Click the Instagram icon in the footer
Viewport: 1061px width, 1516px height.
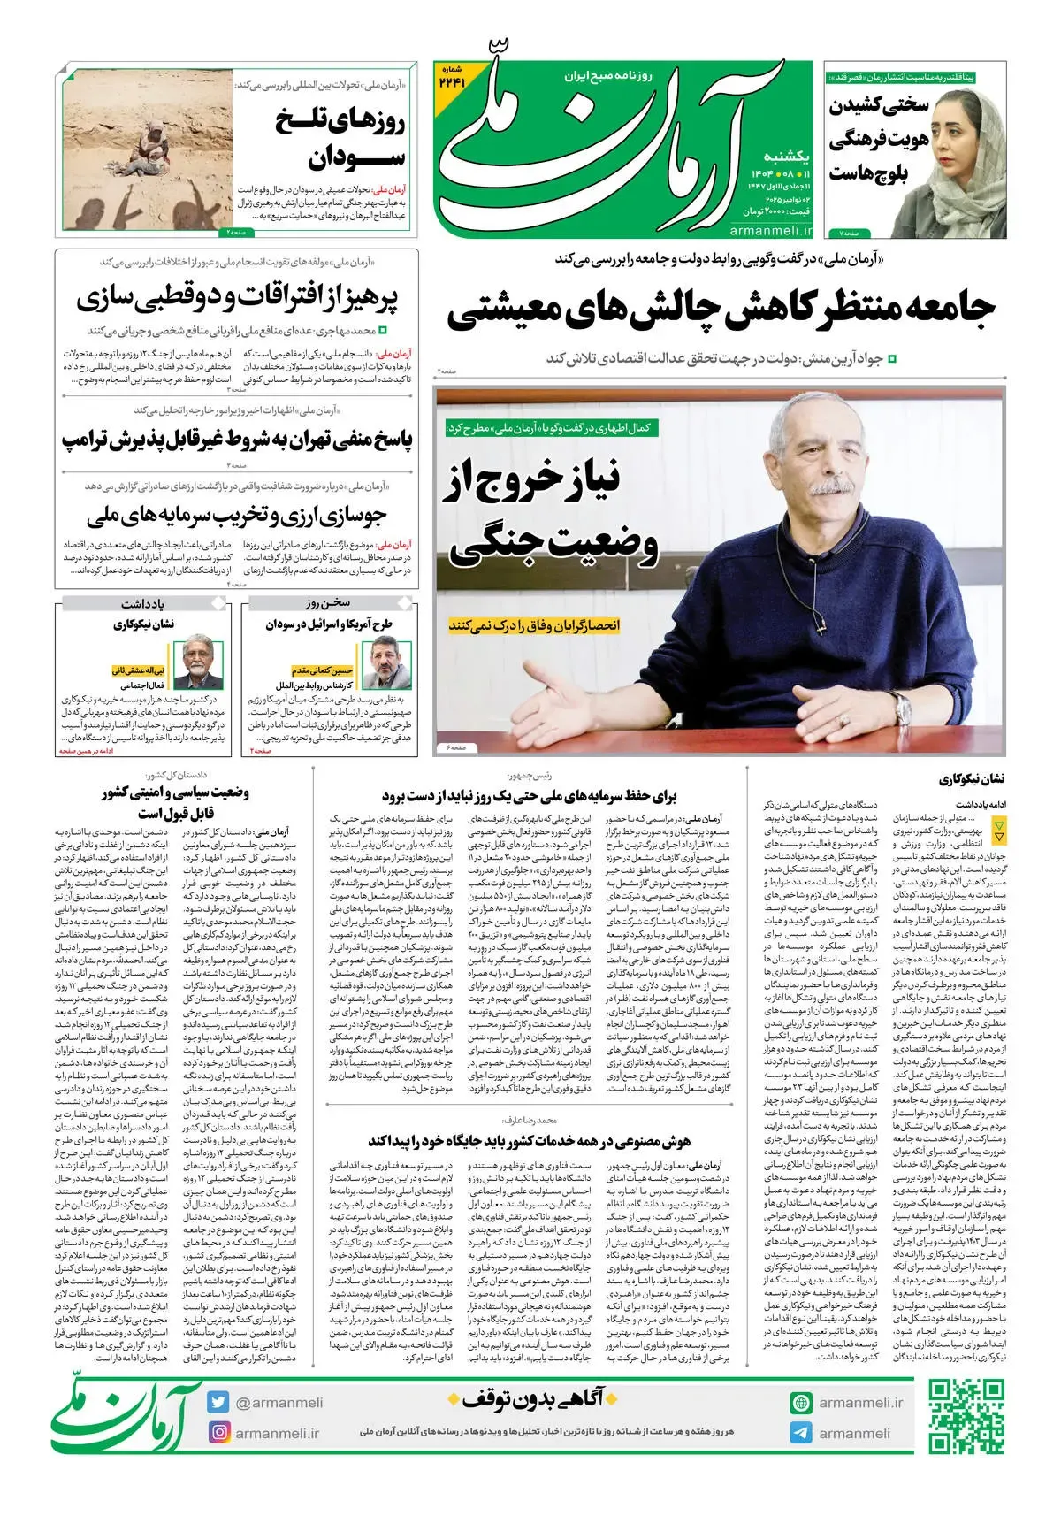[x=218, y=1433]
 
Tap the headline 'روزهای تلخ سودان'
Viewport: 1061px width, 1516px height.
[x=340, y=139]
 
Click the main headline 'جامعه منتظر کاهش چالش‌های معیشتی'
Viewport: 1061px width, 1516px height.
[x=721, y=309]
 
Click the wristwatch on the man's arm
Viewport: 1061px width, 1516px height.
[x=903, y=708]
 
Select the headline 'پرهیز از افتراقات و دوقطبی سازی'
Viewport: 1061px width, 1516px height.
[x=237, y=298]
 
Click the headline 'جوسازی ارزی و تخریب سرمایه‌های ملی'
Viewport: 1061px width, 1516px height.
[x=237, y=515]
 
